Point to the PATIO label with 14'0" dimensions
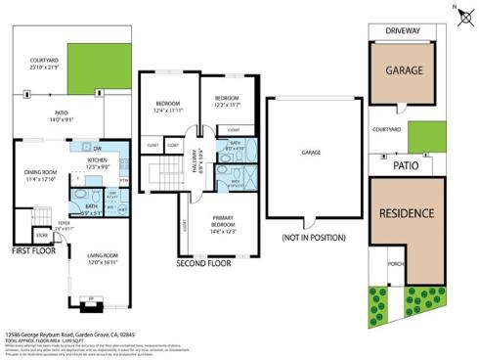point(62,113)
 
